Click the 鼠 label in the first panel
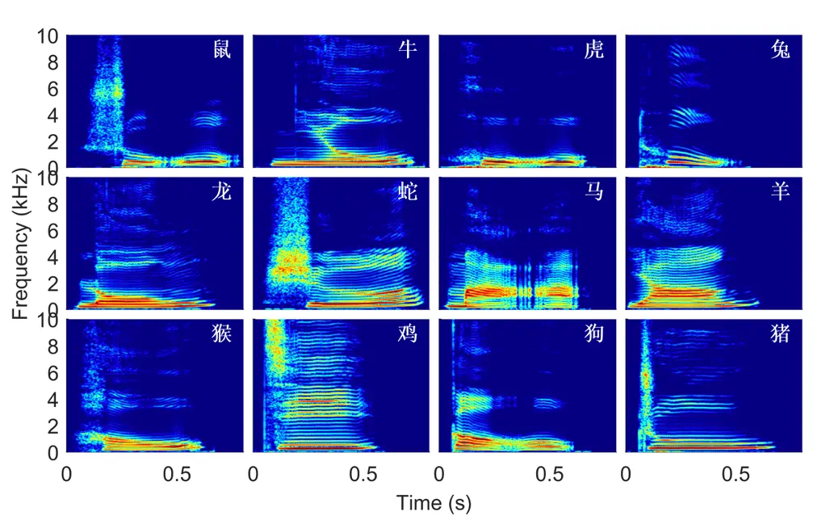222,51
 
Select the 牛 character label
408,51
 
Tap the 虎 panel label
593,51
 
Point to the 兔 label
780,51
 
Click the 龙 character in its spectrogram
222,194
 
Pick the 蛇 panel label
408,194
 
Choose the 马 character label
593,194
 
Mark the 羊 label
780,194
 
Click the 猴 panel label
222,334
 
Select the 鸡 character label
408,334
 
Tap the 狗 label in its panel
593,334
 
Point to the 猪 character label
780,334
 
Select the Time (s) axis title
434,504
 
